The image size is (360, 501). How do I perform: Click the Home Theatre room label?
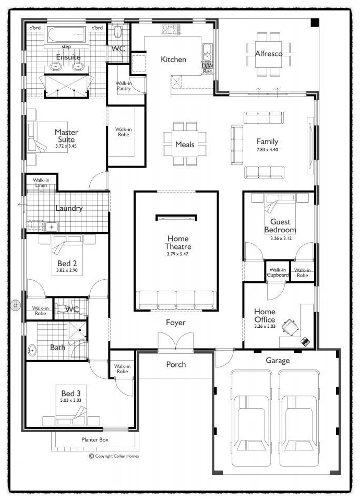178,243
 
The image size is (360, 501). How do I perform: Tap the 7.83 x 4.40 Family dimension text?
267,150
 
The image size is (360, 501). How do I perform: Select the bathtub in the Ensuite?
66,34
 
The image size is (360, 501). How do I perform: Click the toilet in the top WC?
117,31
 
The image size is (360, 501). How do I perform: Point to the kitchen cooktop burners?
170,29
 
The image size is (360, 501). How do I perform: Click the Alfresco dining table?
268,54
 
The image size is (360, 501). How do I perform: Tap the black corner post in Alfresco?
315,22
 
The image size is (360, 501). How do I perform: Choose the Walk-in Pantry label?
124,86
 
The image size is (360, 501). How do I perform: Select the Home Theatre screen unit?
176,218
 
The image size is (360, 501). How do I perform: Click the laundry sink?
51,227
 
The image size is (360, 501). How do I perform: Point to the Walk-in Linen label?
41,183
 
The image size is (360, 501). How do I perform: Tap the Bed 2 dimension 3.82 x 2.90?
67,270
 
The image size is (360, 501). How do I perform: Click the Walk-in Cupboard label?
278,272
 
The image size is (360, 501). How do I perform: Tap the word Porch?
176,364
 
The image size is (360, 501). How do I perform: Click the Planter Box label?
95,439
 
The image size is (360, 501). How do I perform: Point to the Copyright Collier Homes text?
114,456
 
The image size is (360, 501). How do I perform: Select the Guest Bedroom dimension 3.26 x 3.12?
281,238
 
